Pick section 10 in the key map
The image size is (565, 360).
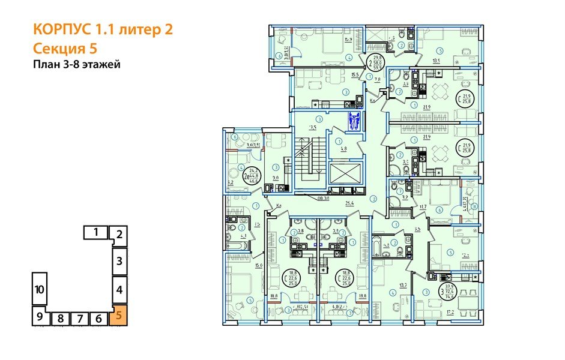tap(40, 289)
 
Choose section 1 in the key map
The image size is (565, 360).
tap(95, 230)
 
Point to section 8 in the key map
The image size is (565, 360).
tap(61, 319)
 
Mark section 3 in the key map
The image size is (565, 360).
tap(119, 261)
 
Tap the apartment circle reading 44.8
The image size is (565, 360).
tap(254, 176)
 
